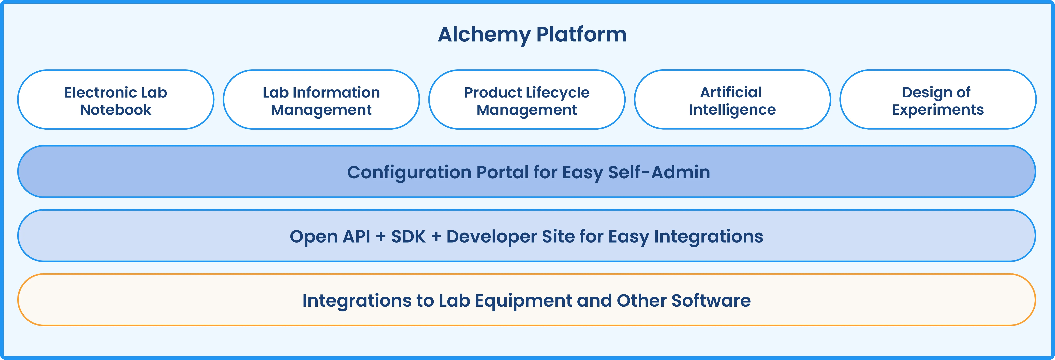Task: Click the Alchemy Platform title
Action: tap(532, 34)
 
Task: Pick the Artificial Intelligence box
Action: tap(732, 99)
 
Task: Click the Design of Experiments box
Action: tap(938, 99)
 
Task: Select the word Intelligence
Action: tap(732, 110)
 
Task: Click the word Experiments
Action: tap(938, 110)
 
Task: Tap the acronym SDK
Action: tap(408, 236)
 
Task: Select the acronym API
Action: tap(356, 236)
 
